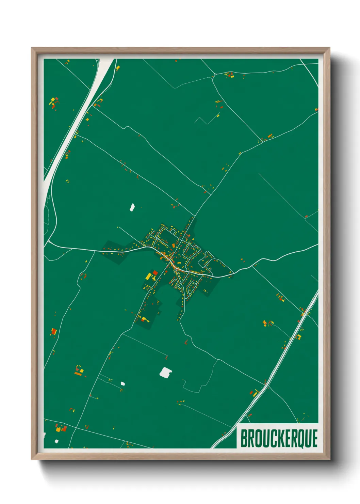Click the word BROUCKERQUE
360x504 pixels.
click(x=279, y=438)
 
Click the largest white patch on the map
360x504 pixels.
click(x=166, y=372)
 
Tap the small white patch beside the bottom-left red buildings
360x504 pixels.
click(x=56, y=441)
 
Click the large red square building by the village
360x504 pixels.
click(x=155, y=272)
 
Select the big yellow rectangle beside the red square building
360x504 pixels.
click(x=149, y=275)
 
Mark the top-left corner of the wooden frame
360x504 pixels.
click(x=32, y=48)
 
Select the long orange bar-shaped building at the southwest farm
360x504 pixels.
click(x=78, y=374)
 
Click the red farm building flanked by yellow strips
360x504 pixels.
click(x=53, y=331)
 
